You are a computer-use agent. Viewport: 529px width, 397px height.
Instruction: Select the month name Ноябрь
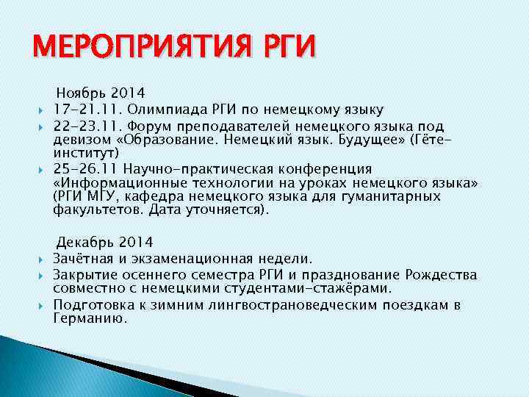tap(81, 93)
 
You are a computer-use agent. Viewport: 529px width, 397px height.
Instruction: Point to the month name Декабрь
tap(84, 242)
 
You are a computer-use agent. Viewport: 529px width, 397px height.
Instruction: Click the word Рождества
tap(439, 274)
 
